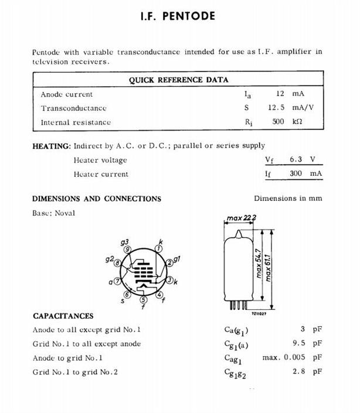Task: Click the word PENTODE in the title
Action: (188, 16)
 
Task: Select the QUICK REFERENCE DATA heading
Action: (179, 80)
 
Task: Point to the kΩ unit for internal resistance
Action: (297, 122)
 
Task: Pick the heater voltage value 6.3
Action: (296, 159)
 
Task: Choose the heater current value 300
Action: (296, 173)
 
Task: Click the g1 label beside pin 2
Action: (177, 258)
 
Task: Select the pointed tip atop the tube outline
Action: (239, 235)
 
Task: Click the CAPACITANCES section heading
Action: (63, 316)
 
